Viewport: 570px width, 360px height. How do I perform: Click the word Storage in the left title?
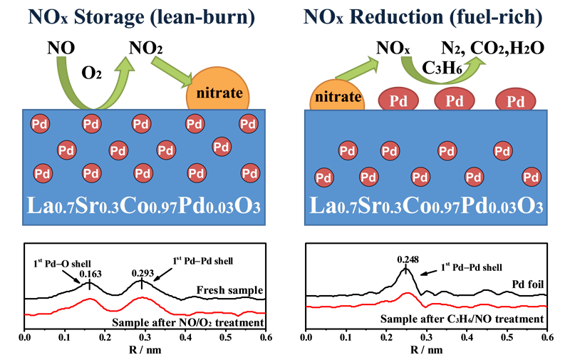click(x=113, y=16)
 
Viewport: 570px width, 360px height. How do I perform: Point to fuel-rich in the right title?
click(x=499, y=16)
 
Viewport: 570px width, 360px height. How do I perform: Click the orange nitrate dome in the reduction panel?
click(x=337, y=96)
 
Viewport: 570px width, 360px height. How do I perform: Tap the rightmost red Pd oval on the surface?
click(x=516, y=100)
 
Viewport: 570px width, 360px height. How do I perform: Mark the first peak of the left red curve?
click(x=90, y=298)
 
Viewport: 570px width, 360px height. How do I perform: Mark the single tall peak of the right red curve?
click(x=406, y=292)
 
